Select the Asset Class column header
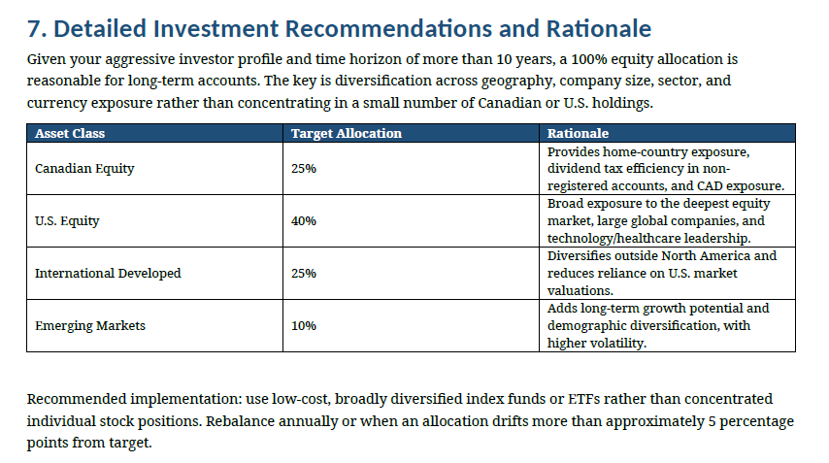[x=70, y=133]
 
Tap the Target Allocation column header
[x=347, y=133]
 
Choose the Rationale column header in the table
[x=578, y=133]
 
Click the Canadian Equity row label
[x=84, y=169]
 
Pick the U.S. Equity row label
[x=67, y=221]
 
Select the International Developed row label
[x=108, y=274]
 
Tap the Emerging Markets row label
[x=90, y=325]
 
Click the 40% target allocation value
[x=304, y=221]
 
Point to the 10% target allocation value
[x=304, y=325]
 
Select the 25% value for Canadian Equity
[x=304, y=169]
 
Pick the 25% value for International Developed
[x=304, y=274]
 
